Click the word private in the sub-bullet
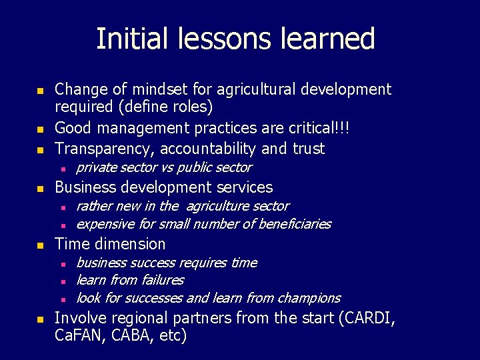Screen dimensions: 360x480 pyautogui.click(x=97, y=167)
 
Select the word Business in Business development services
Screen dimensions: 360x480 pyautogui.click(x=82, y=187)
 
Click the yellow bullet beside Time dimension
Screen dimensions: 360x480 pyautogui.click(x=40, y=245)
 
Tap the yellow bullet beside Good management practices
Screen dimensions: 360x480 pyautogui.click(x=40, y=129)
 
